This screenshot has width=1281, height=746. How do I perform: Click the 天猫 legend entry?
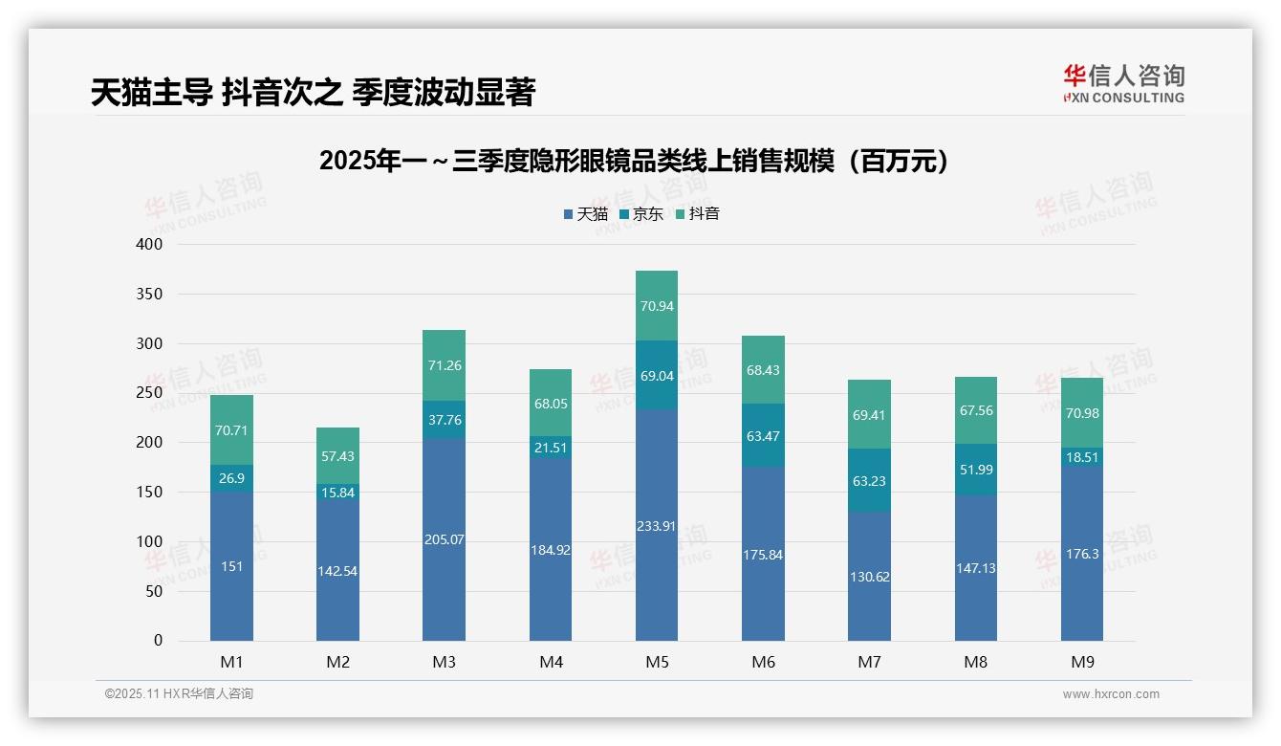coord(585,214)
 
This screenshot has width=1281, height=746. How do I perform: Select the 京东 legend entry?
coord(641,214)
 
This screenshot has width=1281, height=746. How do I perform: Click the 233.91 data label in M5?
coord(657,525)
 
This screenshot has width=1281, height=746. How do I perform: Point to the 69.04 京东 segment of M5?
coord(657,376)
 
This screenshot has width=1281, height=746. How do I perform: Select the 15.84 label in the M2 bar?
coord(337,492)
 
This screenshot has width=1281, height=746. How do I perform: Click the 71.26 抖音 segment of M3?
coord(444,365)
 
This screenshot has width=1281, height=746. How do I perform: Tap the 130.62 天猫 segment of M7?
coord(869,577)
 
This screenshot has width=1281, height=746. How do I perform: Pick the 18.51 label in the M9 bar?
coord(1082,458)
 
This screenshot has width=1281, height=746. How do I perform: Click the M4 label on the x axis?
coord(551,662)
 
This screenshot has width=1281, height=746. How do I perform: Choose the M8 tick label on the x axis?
coord(975,662)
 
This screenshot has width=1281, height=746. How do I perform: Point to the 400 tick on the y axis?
coord(150,245)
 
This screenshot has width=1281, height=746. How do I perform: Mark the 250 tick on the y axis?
coord(150,393)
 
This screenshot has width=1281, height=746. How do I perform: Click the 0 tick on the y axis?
coord(158,641)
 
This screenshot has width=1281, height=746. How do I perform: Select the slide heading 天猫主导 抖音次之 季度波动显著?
coord(313,93)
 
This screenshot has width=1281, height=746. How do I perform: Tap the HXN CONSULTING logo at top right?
coord(1123,84)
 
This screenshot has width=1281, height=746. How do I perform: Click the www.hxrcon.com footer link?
coord(1110,694)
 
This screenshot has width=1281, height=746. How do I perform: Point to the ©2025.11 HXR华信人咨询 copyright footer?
coord(179,694)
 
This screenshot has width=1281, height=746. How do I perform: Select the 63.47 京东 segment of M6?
coord(763,436)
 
